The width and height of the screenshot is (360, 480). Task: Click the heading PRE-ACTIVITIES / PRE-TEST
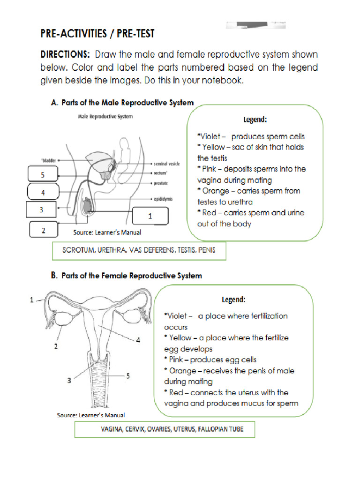[x=97, y=34]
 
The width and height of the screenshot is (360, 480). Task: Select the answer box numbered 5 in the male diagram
[x=43, y=175]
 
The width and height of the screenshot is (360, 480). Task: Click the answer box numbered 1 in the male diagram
[x=150, y=216]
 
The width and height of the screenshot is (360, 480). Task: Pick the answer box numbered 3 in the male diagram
[x=41, y=210]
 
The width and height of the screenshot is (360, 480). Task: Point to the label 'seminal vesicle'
[x=167, y=164]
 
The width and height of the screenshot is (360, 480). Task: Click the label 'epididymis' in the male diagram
[x=163, y=199]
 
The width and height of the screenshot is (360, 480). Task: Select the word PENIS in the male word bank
[x=207, y=250]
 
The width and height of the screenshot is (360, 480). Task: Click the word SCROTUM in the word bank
[x=77, y=250]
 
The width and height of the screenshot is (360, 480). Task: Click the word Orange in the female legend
[x=183, y=371]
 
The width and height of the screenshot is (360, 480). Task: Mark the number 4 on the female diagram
[x=138, y=340]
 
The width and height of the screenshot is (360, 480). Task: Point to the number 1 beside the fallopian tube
[x=32, y=300]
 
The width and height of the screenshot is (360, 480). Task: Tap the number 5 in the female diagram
[x=127, y=375]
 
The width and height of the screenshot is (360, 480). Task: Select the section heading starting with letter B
[x=127, y=276]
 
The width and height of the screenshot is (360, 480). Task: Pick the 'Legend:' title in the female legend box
[x=233, y=299]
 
